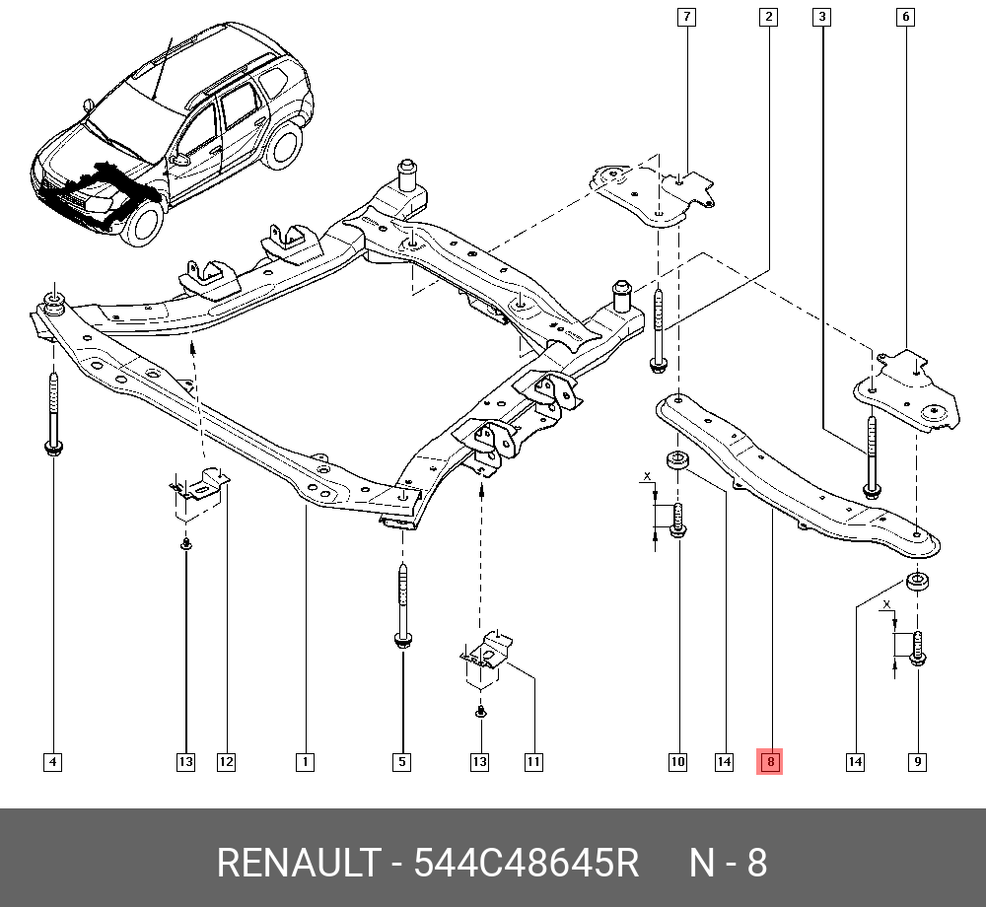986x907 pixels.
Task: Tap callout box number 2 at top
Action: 768,16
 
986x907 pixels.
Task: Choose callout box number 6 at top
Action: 905,16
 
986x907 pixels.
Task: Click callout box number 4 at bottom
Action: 52,761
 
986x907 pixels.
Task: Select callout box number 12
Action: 226,761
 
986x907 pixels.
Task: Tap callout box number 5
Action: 402,761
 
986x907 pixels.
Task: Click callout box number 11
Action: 533,761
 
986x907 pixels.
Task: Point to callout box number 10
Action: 677,761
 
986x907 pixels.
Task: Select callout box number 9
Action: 917,761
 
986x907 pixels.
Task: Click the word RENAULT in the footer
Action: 297,864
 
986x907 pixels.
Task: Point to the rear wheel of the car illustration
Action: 284,143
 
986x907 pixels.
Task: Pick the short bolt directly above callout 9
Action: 917,649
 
